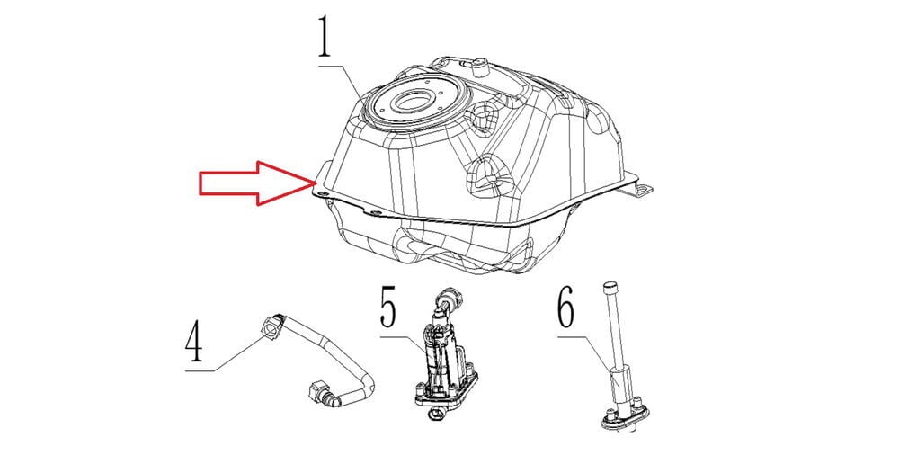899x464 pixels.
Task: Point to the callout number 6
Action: [565, 310]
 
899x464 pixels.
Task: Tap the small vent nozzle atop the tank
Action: [480, 67]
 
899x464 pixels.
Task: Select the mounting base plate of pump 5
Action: [445, 391]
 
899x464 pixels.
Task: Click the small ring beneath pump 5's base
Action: [435, 415]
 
